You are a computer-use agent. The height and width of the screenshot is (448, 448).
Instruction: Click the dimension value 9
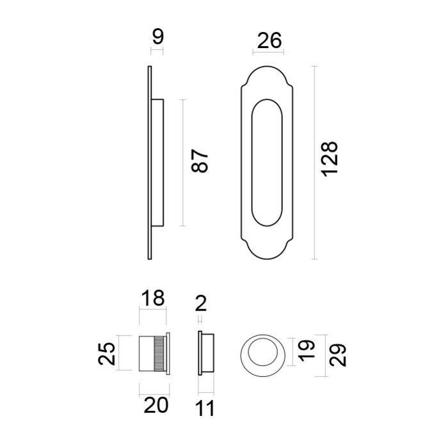(157, 37)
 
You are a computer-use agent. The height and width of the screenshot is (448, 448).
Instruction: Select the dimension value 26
(268, 41)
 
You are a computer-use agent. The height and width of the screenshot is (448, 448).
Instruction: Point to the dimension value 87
(200, 162)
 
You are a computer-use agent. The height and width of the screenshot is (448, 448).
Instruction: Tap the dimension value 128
(329, 161)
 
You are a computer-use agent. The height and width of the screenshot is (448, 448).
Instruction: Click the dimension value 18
(152, 298)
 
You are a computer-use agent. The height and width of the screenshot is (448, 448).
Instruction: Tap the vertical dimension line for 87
(183, 163)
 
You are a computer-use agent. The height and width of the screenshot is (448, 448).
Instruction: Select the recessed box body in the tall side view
(158, 163)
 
